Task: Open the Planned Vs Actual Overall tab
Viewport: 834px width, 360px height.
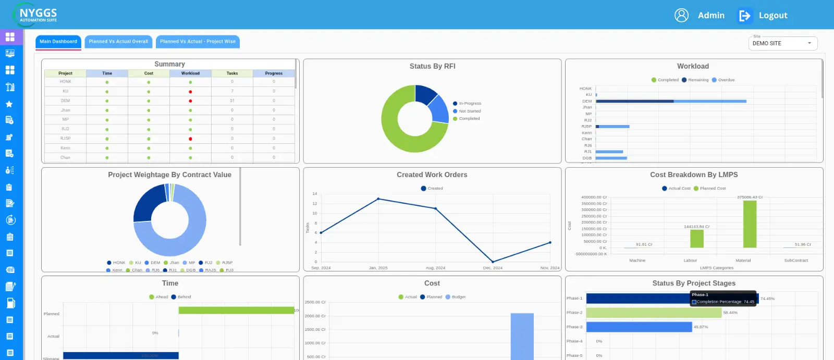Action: [118, 42]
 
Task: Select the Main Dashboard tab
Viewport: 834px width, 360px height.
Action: [58, 42]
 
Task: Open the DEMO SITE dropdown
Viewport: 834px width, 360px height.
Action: [782, 43]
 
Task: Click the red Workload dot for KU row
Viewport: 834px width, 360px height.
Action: [190, 91]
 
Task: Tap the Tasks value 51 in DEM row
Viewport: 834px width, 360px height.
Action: [232, 101]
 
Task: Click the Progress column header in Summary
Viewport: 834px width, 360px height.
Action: [274, 73]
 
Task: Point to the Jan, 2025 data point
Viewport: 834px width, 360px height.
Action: [378, 199]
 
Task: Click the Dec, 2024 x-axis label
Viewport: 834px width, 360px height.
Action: [493, 268]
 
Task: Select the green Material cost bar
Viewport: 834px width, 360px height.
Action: [750, 224]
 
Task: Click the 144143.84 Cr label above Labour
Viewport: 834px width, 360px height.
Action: [696, 227]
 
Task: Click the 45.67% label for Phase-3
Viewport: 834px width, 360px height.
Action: [701, 327]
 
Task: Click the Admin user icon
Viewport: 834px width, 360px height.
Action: [681, 16]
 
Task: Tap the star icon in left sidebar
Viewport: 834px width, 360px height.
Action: [9, 104]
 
